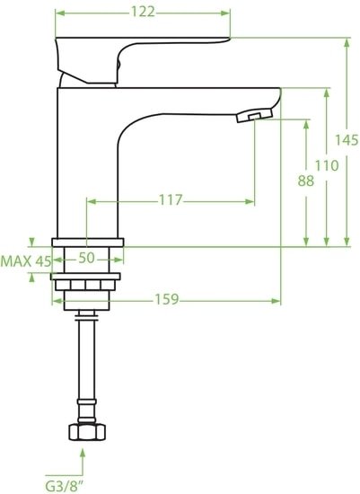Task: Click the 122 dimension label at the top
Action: point(143,12)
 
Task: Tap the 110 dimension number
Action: point(327,165)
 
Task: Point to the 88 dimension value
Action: point(307,180)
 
